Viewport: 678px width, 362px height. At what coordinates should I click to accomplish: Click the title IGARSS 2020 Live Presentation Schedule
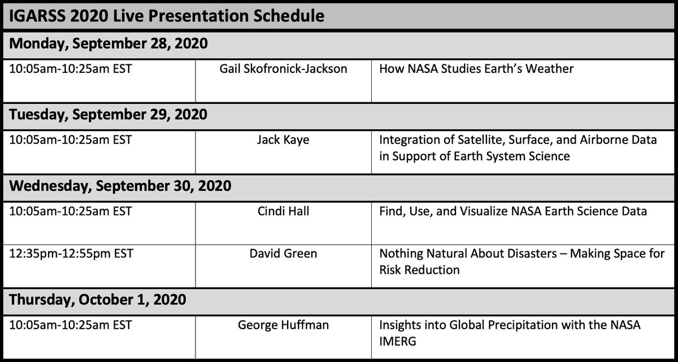167,15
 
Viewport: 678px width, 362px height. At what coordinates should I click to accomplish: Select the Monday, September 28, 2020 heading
109,43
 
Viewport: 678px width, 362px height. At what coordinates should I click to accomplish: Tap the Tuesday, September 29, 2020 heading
108,114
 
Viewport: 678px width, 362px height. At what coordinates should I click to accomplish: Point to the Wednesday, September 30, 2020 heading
120,185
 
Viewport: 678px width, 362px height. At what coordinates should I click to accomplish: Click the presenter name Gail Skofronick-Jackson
284,69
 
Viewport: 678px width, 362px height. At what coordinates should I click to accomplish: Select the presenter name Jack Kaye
283,140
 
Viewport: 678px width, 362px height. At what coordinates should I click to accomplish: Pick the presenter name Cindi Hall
283,211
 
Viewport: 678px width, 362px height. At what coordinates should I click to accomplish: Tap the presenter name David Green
283,254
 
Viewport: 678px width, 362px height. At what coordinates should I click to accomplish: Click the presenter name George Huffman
283,325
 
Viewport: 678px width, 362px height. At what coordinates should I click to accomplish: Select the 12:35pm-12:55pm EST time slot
72,254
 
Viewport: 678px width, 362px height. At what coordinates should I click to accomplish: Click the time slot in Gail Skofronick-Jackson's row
71,69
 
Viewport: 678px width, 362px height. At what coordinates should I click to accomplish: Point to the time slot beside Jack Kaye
71,140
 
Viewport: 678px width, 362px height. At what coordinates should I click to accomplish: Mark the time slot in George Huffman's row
71,325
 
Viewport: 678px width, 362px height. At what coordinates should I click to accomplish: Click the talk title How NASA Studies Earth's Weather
476,69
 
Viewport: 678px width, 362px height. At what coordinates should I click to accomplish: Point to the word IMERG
398,342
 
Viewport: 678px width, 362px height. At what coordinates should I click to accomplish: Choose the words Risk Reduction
419,270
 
